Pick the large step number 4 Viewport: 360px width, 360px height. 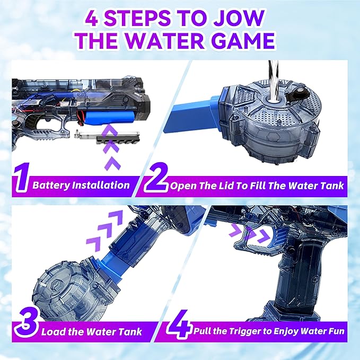point(179,322)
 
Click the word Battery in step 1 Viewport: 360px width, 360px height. point(51,185)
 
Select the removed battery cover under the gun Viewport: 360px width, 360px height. point(107,138)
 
